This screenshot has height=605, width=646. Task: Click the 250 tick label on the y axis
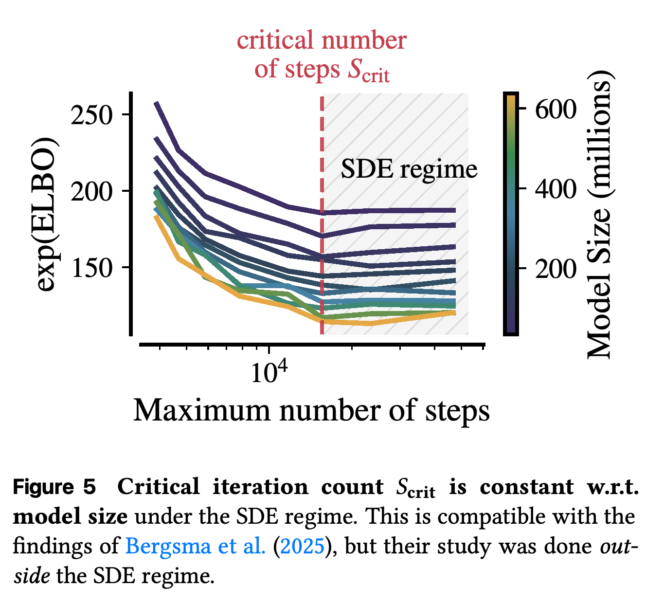pos(91,114)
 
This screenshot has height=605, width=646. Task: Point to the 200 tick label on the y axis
pos(91,191)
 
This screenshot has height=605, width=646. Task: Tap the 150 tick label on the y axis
pos(91,268)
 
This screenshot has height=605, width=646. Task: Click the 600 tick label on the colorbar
pos(556,109)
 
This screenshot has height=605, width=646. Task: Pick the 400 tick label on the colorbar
pos(556,189)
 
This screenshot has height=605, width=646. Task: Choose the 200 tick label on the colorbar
pos(556,269)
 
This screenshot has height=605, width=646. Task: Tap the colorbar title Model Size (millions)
pos(600,215)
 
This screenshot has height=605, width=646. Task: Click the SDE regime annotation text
pos(409,170)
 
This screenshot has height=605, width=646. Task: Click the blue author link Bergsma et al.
pos(195,546)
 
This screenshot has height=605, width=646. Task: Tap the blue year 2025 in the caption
pos(302,546)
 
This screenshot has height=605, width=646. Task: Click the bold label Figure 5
pos(54,487)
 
